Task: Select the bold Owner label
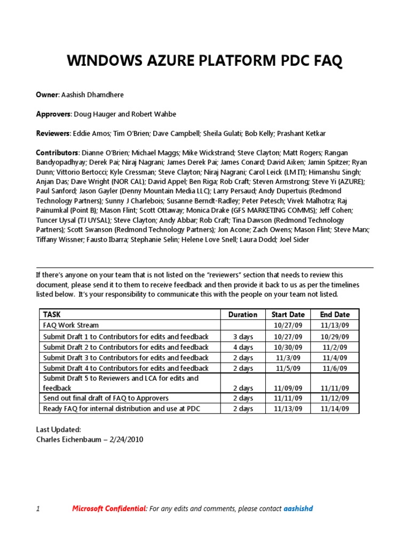[x=46, y=95]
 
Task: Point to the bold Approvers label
[x=53, y=114]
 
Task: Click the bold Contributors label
[x=57, y=152]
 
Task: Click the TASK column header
[x=52, y=315]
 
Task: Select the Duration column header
[x=242, y=315]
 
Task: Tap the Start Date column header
[x=288, y=315]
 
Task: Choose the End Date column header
[x=335, y=315]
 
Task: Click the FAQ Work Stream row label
[x=70, y=325]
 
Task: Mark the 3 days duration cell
[x=242, y=337]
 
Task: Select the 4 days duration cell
[x=242, y=347]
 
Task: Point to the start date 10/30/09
[x=288, y=347]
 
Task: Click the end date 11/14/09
[x=335, y=409]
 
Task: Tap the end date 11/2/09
[x=335, y=347]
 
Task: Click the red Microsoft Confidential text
[x=109, y=509]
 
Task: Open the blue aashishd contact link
[x=298, y=509]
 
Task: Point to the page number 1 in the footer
[x=38, y=509]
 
